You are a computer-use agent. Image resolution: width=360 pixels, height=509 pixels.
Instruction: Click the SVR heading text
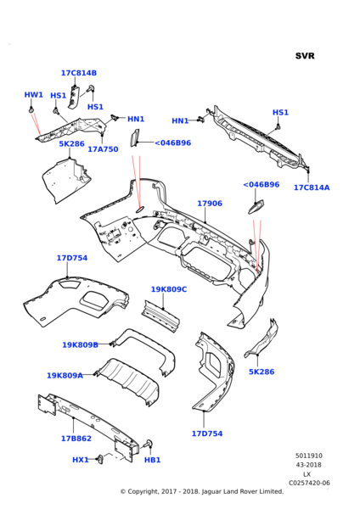tap(305, 56)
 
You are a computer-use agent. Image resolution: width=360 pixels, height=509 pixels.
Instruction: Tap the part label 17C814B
tap(79, 73)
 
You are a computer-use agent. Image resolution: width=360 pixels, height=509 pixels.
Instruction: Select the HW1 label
tap(33, 95)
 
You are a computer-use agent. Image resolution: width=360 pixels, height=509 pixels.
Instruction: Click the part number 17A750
tap(103, 149)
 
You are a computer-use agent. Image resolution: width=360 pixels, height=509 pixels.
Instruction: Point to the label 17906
tap(210, 204)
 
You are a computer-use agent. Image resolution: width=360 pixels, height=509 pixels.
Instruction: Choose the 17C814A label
tap(312, 187)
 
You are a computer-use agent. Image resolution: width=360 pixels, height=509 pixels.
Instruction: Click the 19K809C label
tap(169, 289)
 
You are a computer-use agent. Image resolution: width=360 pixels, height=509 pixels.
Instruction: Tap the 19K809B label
tap(81, 344)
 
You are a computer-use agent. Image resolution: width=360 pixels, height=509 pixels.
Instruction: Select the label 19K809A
tap(65, 376)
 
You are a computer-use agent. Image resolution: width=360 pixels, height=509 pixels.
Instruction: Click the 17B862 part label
tap(76, 439)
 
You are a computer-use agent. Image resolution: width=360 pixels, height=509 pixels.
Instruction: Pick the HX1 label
tap(81, 460)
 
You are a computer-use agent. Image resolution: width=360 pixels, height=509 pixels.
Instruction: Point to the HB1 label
tap(152, 460)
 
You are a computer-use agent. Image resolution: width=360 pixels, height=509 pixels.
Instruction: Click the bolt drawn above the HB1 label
tap(149, 444)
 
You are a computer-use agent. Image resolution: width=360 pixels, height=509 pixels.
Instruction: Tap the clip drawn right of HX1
tap(100, 458)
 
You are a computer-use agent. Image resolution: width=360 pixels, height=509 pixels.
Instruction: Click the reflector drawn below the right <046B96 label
tap(256, 207)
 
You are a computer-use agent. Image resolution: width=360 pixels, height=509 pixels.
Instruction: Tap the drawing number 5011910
tap(309, 456)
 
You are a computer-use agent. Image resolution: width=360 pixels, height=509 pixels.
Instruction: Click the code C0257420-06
tap(309, 483)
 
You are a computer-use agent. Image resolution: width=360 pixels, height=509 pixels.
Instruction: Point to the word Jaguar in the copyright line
tap(212, 492)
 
